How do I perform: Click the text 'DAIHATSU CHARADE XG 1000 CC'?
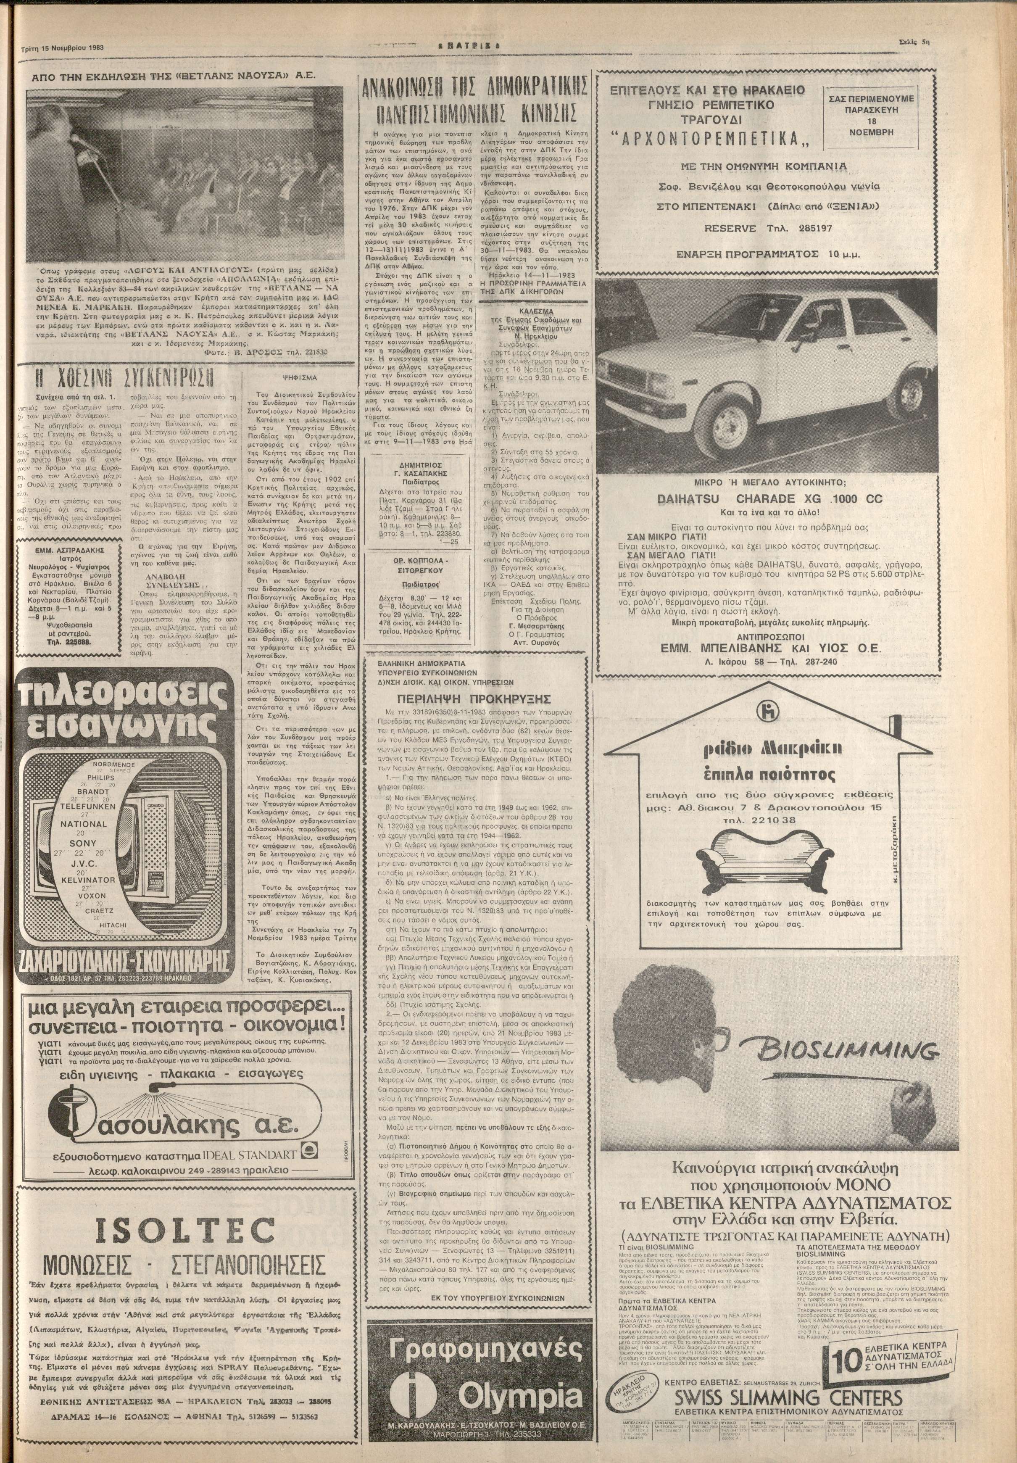(767, 499)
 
